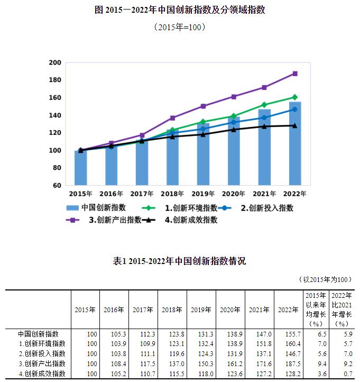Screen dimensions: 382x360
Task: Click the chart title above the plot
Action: pos(180,11)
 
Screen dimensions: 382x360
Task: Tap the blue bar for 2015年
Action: pos(80,168)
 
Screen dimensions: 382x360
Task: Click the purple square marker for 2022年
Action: pos(295,74)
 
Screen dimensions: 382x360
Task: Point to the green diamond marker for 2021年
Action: pos(264,105)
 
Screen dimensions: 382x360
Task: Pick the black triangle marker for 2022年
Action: pos(295,125)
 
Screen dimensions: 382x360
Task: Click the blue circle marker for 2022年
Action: pos(295,110)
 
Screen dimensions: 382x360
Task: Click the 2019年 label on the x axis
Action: pos(203,194)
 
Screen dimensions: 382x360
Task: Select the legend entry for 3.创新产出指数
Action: pos(104,220)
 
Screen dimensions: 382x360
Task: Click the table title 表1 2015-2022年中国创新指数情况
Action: pos(179,261)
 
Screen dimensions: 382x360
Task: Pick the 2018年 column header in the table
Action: pos(172,310)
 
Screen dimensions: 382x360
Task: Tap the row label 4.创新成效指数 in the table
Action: pos(42,374)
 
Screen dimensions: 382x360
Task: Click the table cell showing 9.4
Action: pos(316,363)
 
